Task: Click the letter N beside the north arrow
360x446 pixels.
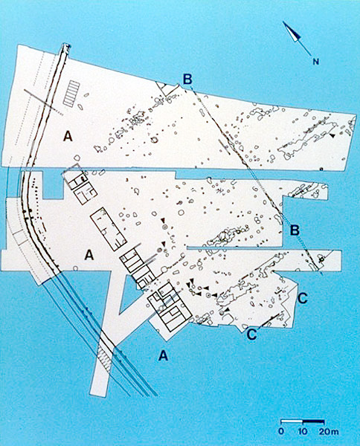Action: click(316, 62)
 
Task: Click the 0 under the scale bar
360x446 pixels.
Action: click(281, 431)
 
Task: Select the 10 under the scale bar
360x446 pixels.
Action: click(303, 431)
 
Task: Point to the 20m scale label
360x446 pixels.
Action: click(329, 431)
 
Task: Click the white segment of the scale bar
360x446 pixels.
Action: click(292, 421)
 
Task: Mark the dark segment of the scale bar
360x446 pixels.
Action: click(313, 421)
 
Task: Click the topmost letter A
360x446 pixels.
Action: click(68, 136)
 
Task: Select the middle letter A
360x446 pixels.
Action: click(89, 254)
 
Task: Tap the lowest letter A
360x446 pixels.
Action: click(163, 355)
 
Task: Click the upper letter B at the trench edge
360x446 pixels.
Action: click(187, 79)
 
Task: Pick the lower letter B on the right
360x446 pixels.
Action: click(295, 230)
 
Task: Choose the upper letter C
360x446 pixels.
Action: click(303, 298)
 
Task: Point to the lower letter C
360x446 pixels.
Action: click(252, 334)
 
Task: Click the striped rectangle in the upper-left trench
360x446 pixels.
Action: click(71, 94)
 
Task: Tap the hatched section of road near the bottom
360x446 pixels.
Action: click(105, 358)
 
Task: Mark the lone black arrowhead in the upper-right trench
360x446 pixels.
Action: click(332, 136)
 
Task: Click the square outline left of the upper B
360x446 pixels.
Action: click(167, 89)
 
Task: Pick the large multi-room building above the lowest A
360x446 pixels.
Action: click(170, 307)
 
